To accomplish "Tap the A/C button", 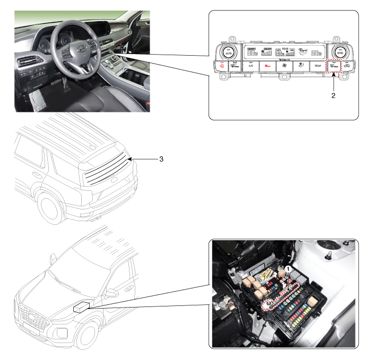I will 251,67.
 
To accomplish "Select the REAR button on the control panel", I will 317,67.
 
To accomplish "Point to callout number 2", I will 334,97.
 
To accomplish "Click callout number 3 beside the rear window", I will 161,159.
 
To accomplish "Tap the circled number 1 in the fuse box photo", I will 288,269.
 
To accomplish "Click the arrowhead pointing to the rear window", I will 129,158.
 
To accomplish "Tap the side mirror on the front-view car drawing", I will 111,292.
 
